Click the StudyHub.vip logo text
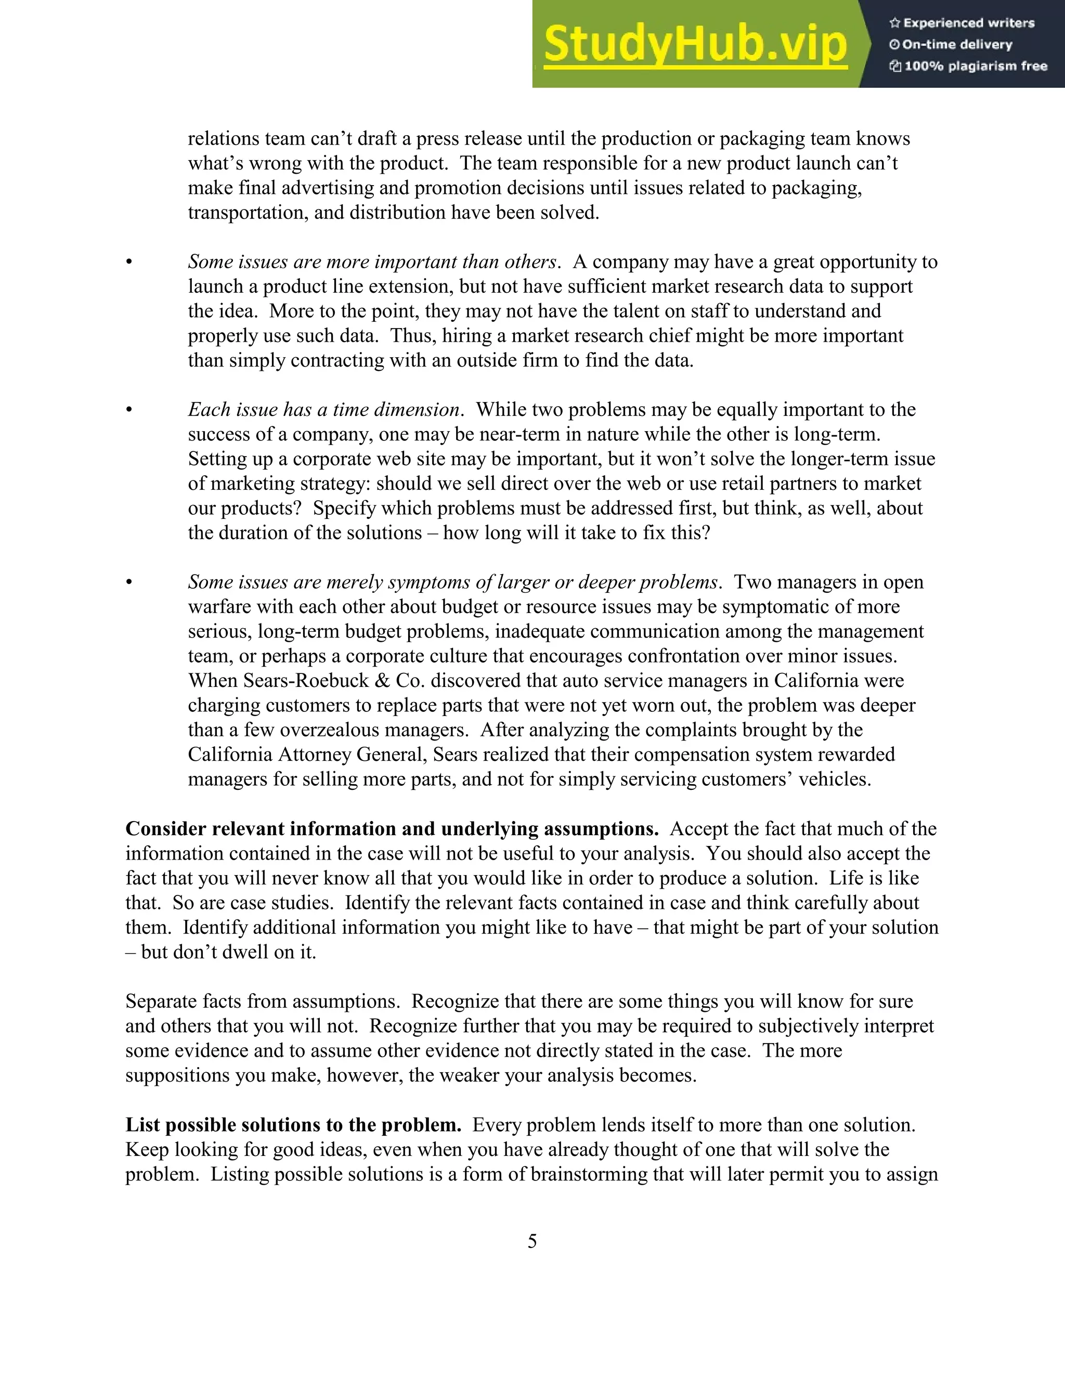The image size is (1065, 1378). pyautogui.click(x=695, y=44)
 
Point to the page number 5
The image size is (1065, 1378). pyautogui.click(x=532, y=1241)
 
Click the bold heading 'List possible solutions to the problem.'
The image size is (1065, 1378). pyautogui.click(x=293, y=1125)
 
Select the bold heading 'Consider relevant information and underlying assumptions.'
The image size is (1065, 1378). pyautogui.click(x=392, y=829)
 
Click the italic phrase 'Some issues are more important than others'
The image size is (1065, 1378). pyautogui.click(x=373, y=262)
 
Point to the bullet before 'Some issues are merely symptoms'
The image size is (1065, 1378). pyautogui.click(x=129, y=582)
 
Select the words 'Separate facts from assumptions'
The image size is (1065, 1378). pyautogui.click(x=261, y=1002)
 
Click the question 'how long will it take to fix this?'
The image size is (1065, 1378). pyautogui.click(x=576, y=532)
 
